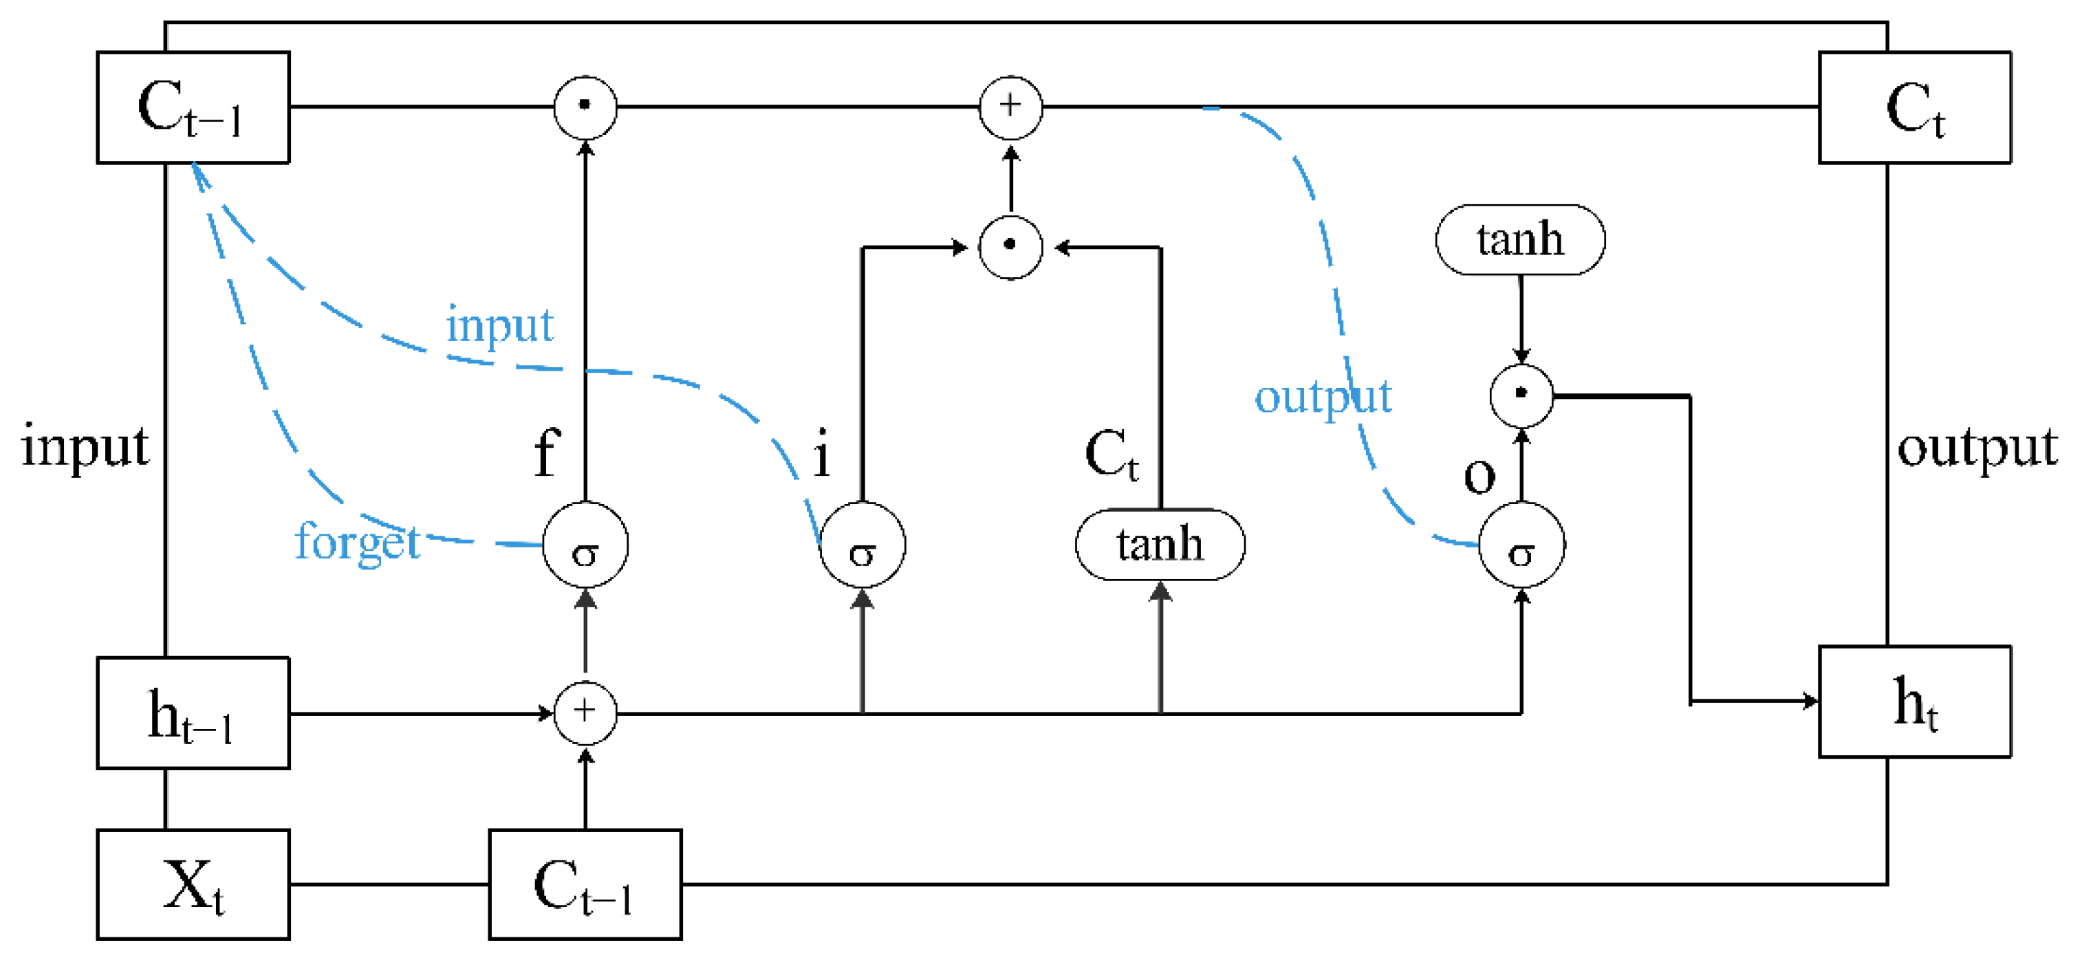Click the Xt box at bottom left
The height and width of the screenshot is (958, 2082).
(x=193, y=884)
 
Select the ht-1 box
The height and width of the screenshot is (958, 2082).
(x=193, y=713)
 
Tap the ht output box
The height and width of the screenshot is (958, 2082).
(x=1915, y=701)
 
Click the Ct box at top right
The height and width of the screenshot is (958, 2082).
(x=1915, y=107)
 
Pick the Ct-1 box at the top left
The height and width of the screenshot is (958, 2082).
(x=193, y=107)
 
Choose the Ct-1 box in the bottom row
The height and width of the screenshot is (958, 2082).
(x=585, y=884)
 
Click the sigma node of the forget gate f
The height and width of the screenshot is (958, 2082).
(x=585, y=545)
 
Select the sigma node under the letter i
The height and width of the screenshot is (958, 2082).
(x=863, y=545)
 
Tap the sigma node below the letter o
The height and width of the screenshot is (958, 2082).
(x=1521, y=545)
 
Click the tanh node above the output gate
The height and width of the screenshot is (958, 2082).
(x=1520, y=240)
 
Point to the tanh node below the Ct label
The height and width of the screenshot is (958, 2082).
(x=1160, y=545)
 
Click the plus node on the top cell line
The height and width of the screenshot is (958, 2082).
(x=1010, y=107)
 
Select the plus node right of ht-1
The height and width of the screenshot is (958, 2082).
(x=585, y=712)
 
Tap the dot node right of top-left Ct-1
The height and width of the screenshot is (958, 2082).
(x=585, y=107)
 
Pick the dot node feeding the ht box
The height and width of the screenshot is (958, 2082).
(x=1521, y=395)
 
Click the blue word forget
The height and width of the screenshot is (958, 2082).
(x=357, y=542)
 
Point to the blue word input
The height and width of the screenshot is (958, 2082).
(x=499, y=326)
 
